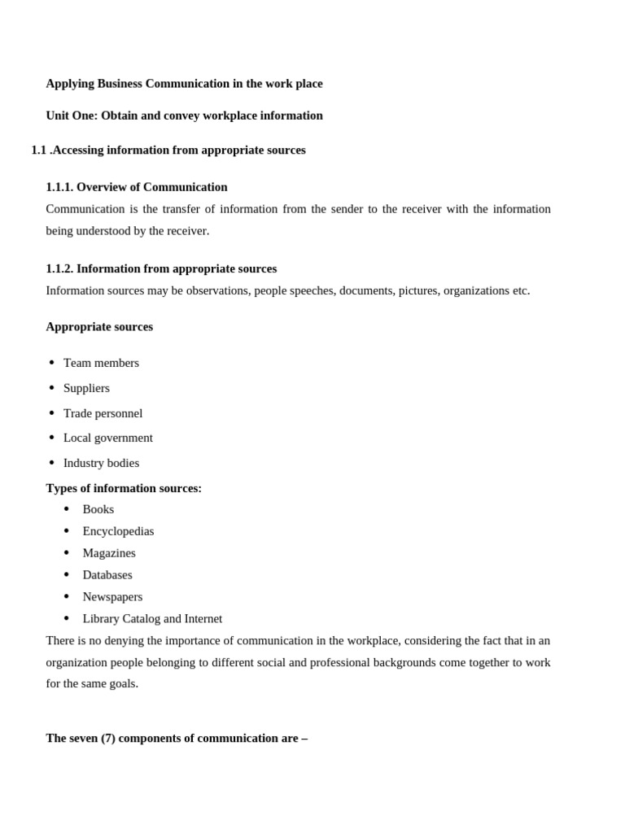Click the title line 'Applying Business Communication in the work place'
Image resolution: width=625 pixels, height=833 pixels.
coord(184,84)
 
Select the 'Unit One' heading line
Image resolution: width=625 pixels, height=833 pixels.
coord(184,116)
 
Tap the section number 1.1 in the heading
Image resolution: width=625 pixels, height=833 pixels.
coord(38,150)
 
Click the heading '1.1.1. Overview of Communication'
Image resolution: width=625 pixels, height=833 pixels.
coord(137,187)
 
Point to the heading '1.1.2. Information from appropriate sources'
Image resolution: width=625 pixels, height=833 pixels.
coord(161,268)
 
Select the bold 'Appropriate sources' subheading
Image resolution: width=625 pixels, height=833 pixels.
coord(99,327)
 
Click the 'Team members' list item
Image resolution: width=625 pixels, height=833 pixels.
coord(101,363)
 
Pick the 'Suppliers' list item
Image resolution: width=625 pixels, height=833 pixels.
coord(86,388)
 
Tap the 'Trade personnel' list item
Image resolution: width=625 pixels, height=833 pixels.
coord(103,413)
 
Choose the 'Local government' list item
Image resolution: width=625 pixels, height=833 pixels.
coord(107,438)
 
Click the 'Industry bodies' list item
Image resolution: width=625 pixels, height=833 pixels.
coord(101,463)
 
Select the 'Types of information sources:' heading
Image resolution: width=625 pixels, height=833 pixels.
coord(124,488)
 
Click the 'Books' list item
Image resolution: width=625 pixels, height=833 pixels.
coord(98,509)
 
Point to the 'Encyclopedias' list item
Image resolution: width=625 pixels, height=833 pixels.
coord(118,531)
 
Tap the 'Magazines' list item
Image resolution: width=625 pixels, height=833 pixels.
coord(109,553)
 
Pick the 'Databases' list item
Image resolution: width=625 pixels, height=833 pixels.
coord(107,575)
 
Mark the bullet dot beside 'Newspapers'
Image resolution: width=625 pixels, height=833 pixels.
coord(67,597)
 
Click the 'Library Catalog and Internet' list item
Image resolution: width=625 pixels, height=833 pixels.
coord(152,619)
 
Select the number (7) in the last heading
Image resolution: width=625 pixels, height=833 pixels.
coord(108,739)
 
